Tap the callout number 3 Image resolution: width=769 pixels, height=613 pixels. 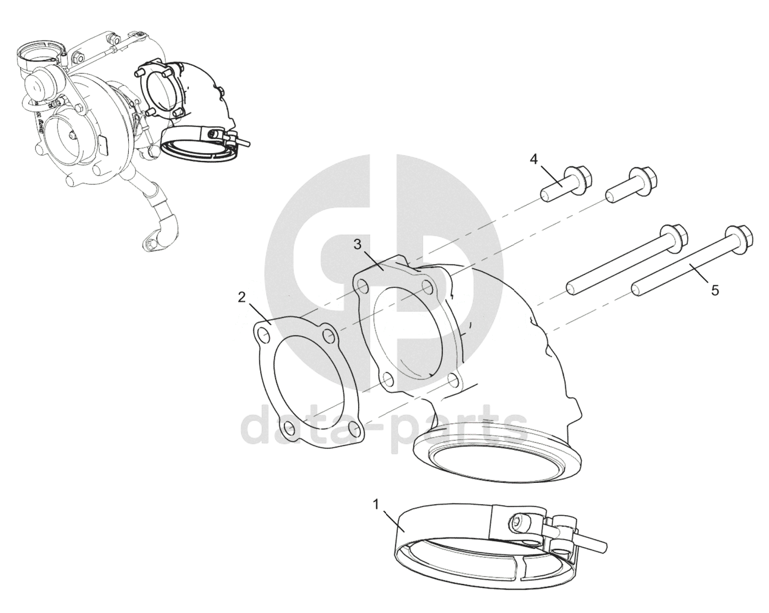pos(357,245)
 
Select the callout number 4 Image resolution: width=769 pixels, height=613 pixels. pos(533,160)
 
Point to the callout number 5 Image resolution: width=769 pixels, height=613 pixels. pos(715,291)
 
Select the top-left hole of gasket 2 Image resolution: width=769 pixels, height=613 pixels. pos(264,336)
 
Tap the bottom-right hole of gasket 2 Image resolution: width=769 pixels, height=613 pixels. pos(353,428)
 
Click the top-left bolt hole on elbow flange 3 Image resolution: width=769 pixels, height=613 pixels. pos(363,286)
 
